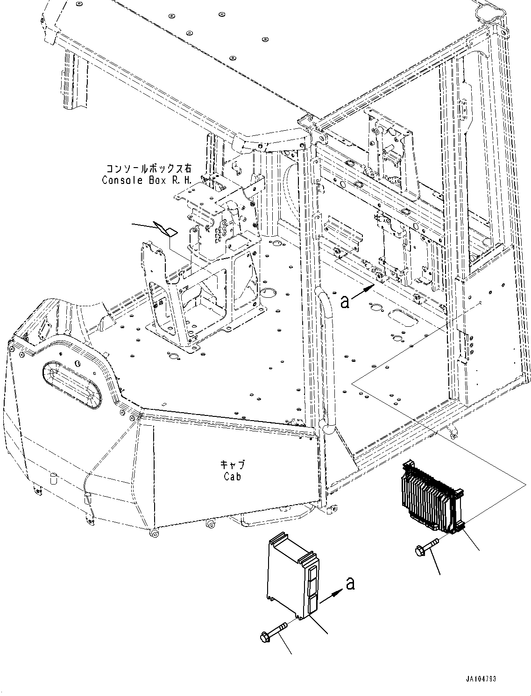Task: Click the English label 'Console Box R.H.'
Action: (147, 180)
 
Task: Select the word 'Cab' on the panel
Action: (232, 477)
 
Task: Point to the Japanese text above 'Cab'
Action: (232, 465)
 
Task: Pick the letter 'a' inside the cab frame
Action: (345, 302)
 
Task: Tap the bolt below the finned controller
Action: (426, 547)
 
